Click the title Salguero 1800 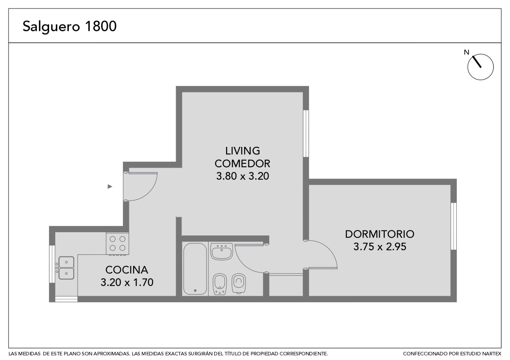point(69,27)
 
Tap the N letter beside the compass point(467,52)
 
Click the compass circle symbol point(480,67)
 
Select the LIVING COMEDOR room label point(243,157)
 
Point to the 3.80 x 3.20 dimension point(243,176)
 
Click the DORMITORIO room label point(380,234)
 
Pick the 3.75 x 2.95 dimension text point(380,247)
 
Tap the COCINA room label point(127,270)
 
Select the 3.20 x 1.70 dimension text point(127,282)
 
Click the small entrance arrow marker point(110,187)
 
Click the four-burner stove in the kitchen point(118,243)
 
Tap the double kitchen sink point(66,268)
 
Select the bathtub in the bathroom point(195,269)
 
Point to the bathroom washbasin point(222,251)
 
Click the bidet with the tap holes point(220,284)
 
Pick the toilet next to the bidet point(239,283)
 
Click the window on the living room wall point(306,133)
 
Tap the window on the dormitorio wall point(454,226)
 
